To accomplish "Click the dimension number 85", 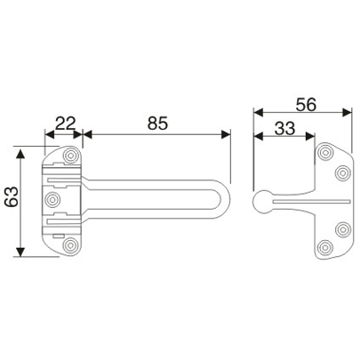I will click(x=156, y=121).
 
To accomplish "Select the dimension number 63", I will click(x=12, y=203).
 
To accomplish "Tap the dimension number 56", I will click(x=307, y=102).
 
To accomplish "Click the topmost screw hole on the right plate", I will click(x=324, y=156).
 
